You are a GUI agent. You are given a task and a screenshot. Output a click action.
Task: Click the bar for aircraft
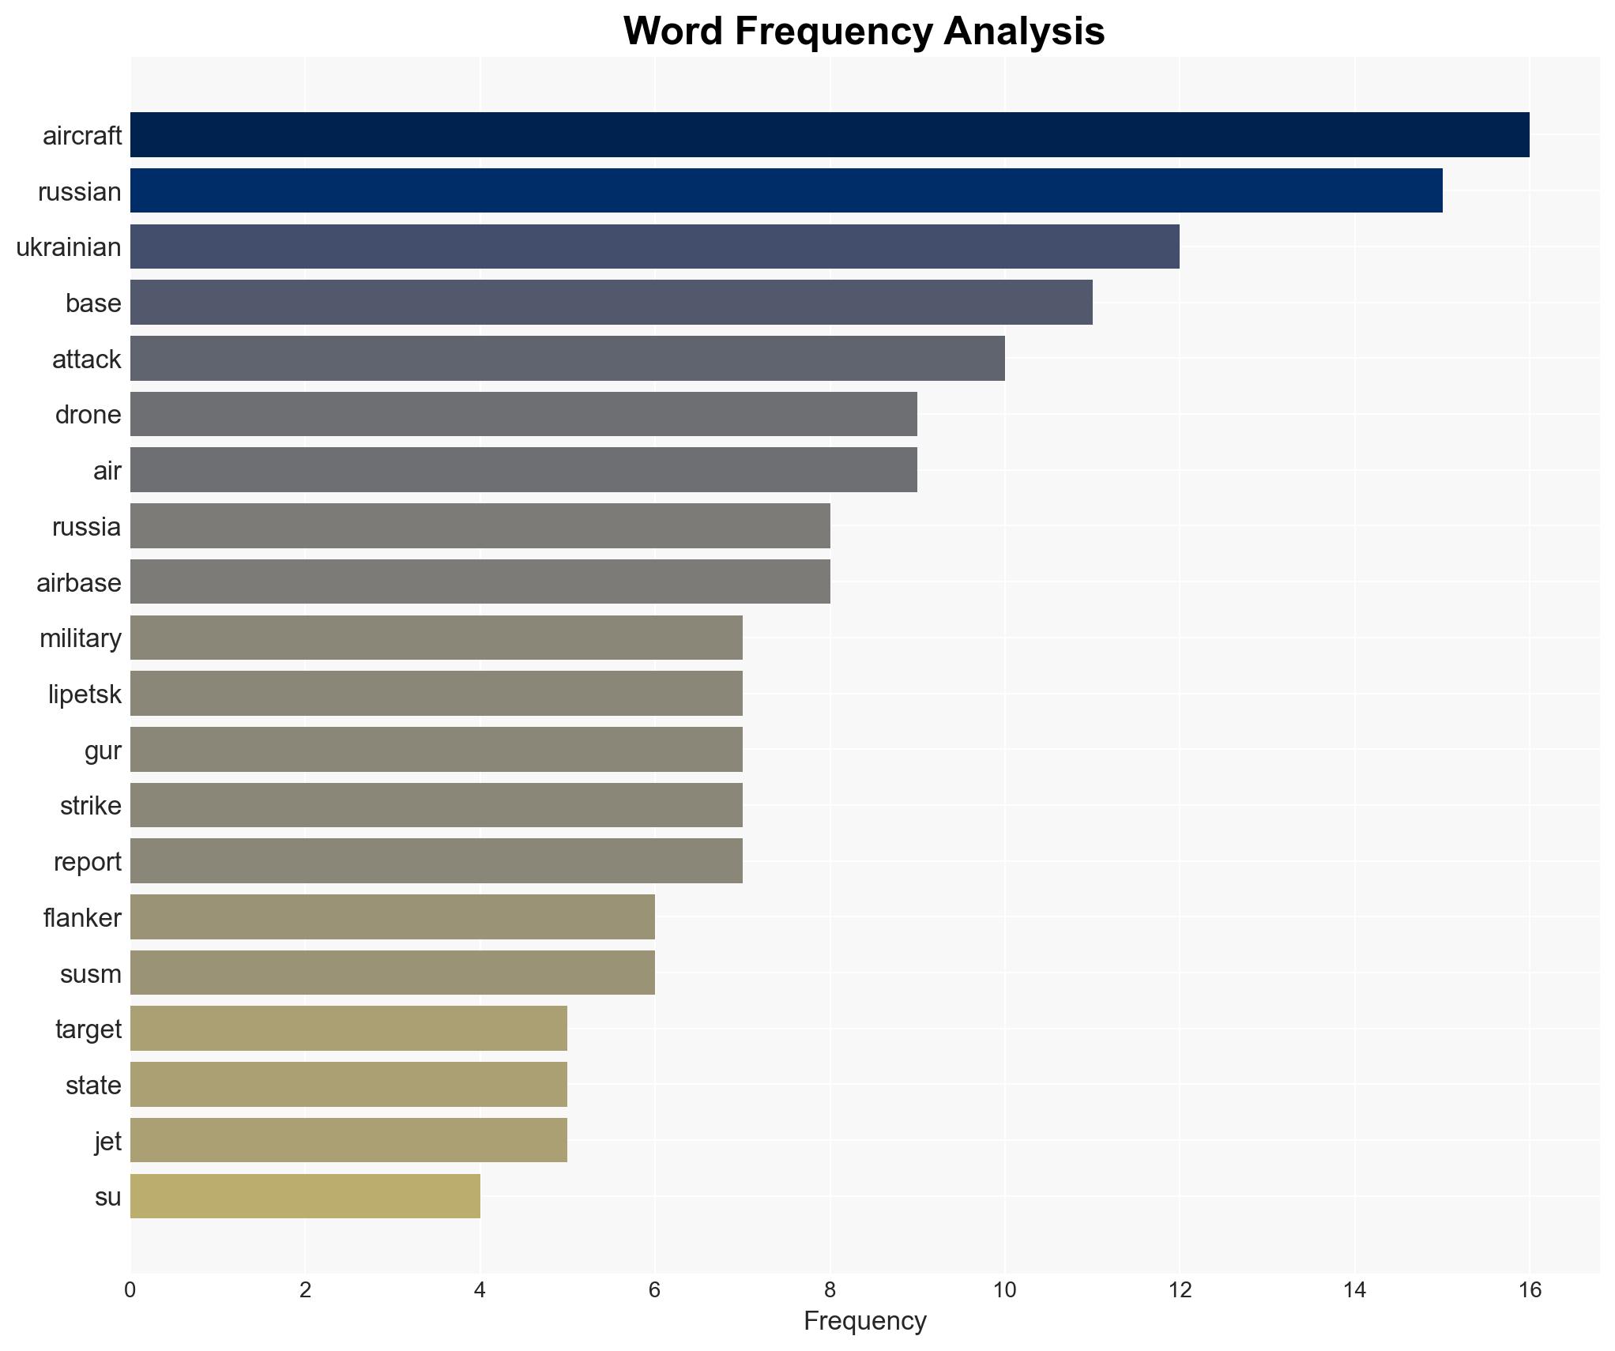click(830, 134)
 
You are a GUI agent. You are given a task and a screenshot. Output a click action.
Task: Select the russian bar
click(786, 190)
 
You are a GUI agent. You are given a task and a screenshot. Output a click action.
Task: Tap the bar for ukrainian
click(654, 246)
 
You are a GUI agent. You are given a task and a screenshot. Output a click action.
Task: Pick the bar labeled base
click(611, 302)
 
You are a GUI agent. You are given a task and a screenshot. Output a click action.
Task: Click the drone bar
click(523, 414)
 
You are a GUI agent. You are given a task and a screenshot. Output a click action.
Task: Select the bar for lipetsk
click(436, 693)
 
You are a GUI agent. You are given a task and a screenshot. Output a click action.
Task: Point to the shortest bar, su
click(305, 1196)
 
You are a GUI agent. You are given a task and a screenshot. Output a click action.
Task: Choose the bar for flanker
click(392, 916)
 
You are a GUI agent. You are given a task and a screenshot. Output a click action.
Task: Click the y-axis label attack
click(86, 359)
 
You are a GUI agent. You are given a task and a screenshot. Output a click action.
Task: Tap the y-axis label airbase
click(78, 583)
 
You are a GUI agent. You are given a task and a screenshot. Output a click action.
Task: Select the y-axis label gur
click(103, 751)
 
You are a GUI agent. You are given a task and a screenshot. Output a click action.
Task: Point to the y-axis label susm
click(90, 974)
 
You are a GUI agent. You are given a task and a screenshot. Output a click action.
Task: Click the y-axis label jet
click(107, 1142)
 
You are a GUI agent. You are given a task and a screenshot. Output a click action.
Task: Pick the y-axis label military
click(80, 638)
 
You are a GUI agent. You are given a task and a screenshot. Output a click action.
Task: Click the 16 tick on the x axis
click(1530, 1290)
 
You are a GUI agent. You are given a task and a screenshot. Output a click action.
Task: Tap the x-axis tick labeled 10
click(1004, 1290)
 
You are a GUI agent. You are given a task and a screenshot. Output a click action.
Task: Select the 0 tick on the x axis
click(130, 1290)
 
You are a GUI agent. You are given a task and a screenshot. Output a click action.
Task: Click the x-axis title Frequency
click(864, 1321)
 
